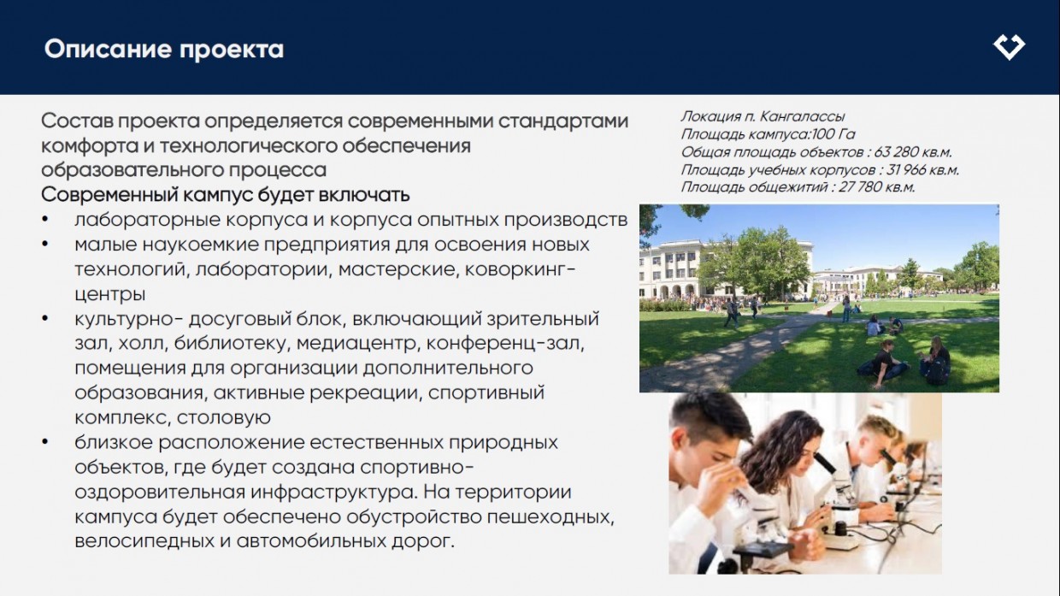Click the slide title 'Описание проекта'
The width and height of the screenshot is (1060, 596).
(164, 50)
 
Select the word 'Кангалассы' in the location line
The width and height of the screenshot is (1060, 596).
(803, 116)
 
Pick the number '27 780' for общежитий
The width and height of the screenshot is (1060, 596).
(860, 187)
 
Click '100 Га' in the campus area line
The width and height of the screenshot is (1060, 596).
(833, 134)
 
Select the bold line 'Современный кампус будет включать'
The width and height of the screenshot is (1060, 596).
(226, 195)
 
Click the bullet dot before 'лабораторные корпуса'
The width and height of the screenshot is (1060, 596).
(45, 219)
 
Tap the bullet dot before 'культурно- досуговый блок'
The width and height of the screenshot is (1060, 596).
(45, 318)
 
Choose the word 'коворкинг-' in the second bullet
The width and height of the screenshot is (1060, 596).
(520, 269)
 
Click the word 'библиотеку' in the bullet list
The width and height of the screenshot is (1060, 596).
(230, 343)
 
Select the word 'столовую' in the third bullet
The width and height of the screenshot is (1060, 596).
(224, 417)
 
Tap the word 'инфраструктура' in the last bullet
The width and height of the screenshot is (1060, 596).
(333, 492)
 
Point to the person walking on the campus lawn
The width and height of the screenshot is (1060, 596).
(731, 312)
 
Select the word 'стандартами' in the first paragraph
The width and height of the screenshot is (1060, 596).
(563, 121)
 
